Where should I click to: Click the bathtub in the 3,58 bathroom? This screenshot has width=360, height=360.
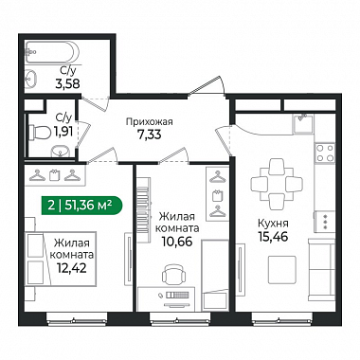[x=52, y=52]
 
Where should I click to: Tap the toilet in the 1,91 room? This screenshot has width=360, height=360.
[x=40, y=132]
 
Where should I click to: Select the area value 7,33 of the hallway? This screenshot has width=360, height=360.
[x=149, y=135]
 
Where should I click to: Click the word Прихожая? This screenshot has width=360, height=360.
[x=150, y=121]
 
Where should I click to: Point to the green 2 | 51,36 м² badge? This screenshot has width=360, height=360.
[x=81, y=206]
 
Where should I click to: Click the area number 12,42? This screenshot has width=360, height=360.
[x=72, y=268]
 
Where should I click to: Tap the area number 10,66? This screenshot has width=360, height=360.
[x=177, y=242]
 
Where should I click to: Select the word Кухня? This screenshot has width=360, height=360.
[x=273, y=224]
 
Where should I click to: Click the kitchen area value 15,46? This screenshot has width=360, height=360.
[x=273, y=237]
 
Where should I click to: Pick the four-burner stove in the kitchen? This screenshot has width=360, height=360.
[x=325, y=153]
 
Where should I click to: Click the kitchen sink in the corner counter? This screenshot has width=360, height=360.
[x=303, y=123]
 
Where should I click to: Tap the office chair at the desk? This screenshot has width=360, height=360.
[x=173, y=274]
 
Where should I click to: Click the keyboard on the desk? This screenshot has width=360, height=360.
[x=177, y=295]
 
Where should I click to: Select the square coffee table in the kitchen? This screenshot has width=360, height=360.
[x=282, y=270]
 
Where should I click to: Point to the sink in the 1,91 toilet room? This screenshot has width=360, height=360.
[x=60, y=152]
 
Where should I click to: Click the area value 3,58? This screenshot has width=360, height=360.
[x=67, y=84]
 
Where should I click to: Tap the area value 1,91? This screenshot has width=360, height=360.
[x=63, y=132]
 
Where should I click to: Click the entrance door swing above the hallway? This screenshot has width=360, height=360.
[x=207, y=85]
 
